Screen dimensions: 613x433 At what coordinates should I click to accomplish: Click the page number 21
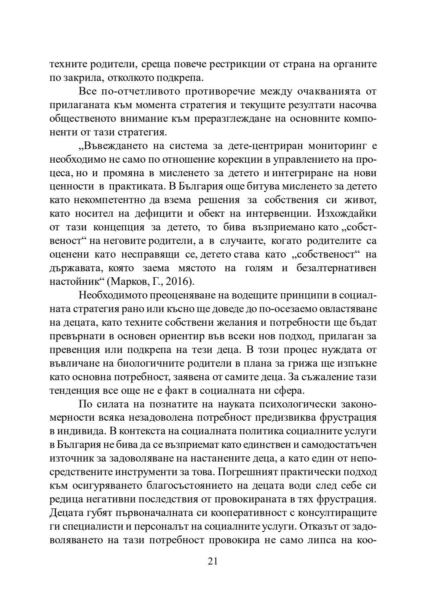click(x=213, y=561)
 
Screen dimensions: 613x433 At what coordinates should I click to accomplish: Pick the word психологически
click(x=296, y=404)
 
